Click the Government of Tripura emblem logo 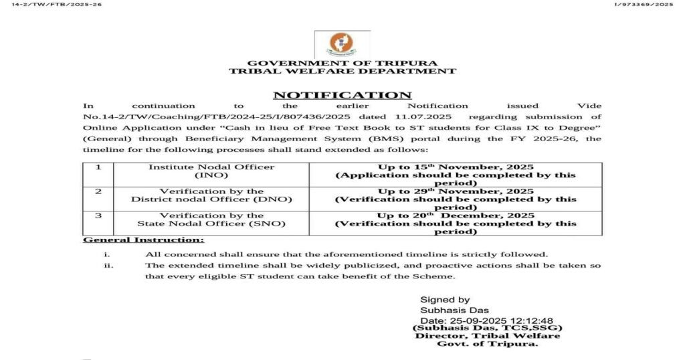pos(342,44)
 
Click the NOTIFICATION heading pos(342,95)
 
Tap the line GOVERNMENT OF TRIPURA pos(342,63)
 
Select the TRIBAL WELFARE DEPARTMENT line pos(342,71)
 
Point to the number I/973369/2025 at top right pos(643,5)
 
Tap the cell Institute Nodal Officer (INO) pos(211,171)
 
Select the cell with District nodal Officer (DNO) pos(211,195)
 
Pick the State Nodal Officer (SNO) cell pos(211,219)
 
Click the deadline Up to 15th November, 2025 pos(456,167)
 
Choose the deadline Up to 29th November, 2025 pos(456,191)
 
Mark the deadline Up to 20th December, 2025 pos(456,215)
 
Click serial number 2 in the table pos(98,191)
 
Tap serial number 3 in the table pos(98,215)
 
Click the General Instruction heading pos(143,240)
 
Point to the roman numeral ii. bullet pos(108,266)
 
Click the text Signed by pos(445,300)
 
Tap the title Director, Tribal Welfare pos(488,335)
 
